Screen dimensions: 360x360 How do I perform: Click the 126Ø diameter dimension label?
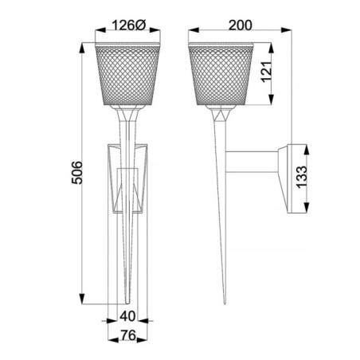127,24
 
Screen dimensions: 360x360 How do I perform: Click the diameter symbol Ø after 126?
140,24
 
